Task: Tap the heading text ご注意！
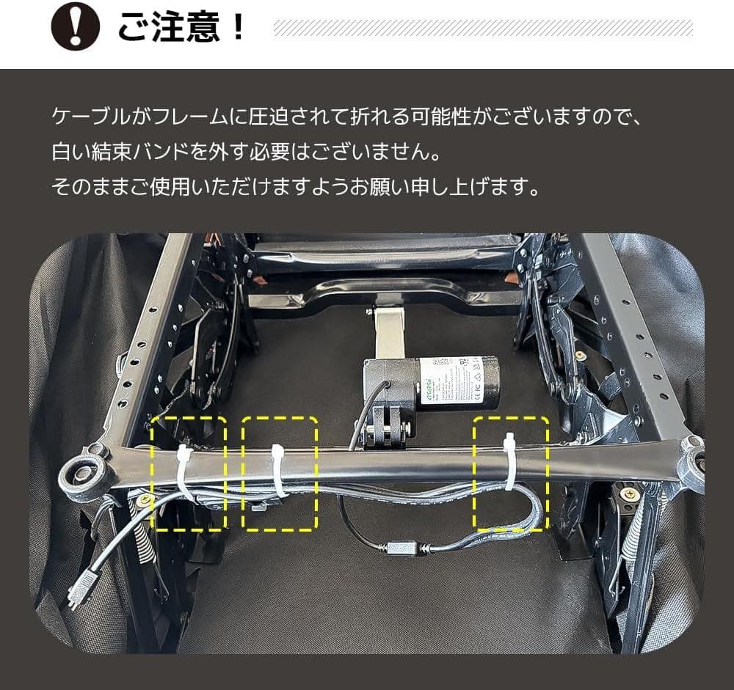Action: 181,27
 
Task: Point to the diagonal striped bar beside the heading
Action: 482,28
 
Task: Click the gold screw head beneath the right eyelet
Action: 628,495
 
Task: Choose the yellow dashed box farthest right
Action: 511,473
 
